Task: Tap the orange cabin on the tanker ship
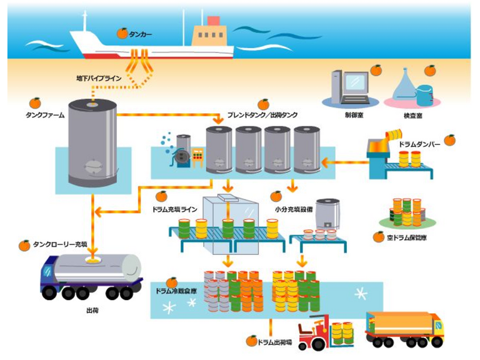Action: coord(209,34)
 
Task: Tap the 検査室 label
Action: coord(412,116)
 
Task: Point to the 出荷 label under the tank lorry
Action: coord(91,309)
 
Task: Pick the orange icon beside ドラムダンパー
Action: coord(449,140)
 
